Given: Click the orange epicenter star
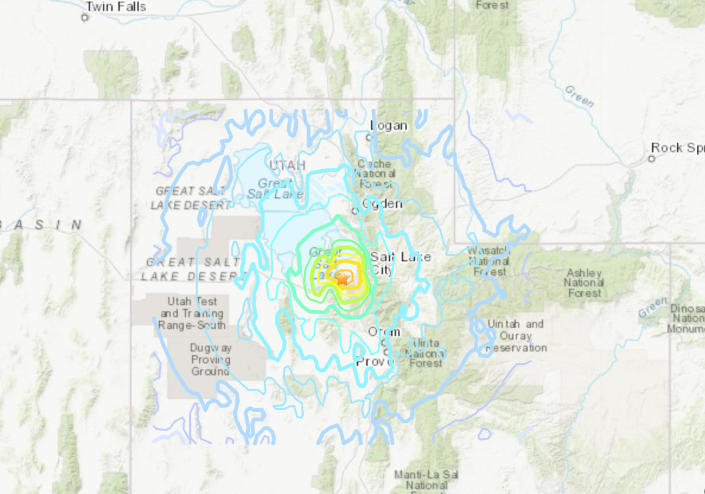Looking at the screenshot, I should coord(342,278).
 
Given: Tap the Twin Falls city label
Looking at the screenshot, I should coord(115,7).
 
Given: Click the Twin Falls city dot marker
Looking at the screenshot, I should coord(85,18).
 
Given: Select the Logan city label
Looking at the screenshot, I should coord(389,126).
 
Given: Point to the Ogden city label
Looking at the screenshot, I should coord(382,203).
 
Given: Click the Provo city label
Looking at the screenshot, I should coord(374,361).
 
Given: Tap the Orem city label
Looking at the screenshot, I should coord(384,332).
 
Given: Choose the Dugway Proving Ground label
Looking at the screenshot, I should coord(210,359).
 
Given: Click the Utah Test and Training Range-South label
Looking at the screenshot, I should coord(192,314).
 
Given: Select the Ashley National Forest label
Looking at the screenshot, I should coord(584,283).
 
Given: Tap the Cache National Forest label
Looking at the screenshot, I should coord(375,174).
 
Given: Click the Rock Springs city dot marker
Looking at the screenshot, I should coord(652,159).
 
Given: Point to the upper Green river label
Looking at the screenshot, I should coord(579,96).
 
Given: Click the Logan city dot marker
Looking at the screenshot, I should coord(368,137).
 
